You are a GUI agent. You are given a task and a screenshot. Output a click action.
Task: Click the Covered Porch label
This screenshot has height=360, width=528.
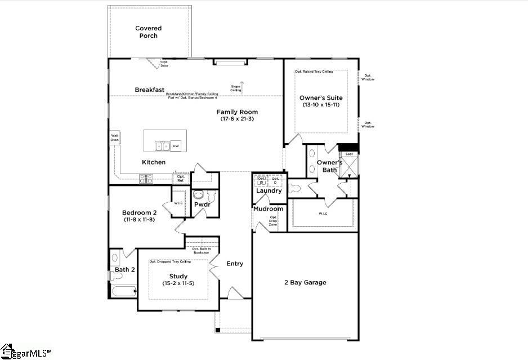(149, 32)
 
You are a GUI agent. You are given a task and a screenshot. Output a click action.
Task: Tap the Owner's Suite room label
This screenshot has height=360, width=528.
(321, 97)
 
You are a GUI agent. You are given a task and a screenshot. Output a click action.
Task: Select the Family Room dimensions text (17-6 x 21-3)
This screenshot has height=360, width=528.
(237, 119)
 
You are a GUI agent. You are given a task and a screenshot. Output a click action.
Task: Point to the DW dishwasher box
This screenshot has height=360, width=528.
(176, 146)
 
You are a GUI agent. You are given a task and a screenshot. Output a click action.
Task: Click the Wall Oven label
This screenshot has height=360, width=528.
(114, 137)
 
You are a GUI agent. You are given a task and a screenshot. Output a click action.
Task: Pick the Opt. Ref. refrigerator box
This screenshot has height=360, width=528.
(181, 177)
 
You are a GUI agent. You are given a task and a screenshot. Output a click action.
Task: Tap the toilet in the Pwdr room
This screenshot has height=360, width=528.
(198, 195)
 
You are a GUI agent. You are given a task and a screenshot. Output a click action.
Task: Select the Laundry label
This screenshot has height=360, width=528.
(269, 190)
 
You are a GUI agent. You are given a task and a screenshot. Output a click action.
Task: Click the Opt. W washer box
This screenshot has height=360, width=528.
(262, 181)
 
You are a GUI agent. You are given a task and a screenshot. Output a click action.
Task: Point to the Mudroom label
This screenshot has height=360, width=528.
(268, 209)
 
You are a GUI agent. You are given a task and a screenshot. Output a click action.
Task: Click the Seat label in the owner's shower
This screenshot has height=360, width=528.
(349, 154)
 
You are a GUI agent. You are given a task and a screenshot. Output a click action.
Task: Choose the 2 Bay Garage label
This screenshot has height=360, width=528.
(305, 282)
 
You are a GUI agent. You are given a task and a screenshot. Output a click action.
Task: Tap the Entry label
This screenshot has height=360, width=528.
(235, 264)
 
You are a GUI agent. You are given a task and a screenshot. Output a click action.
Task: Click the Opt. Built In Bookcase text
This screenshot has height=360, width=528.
(201, 251)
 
